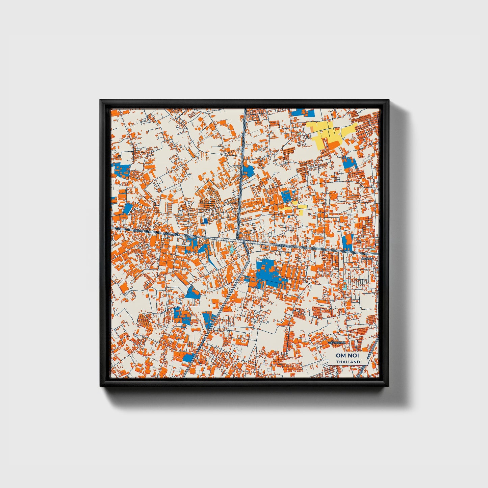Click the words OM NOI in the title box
point(348,356)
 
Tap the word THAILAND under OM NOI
point(348,362)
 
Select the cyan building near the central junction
point(232,250)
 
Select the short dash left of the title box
point(325,359)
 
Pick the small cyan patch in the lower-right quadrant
point(345,287)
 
